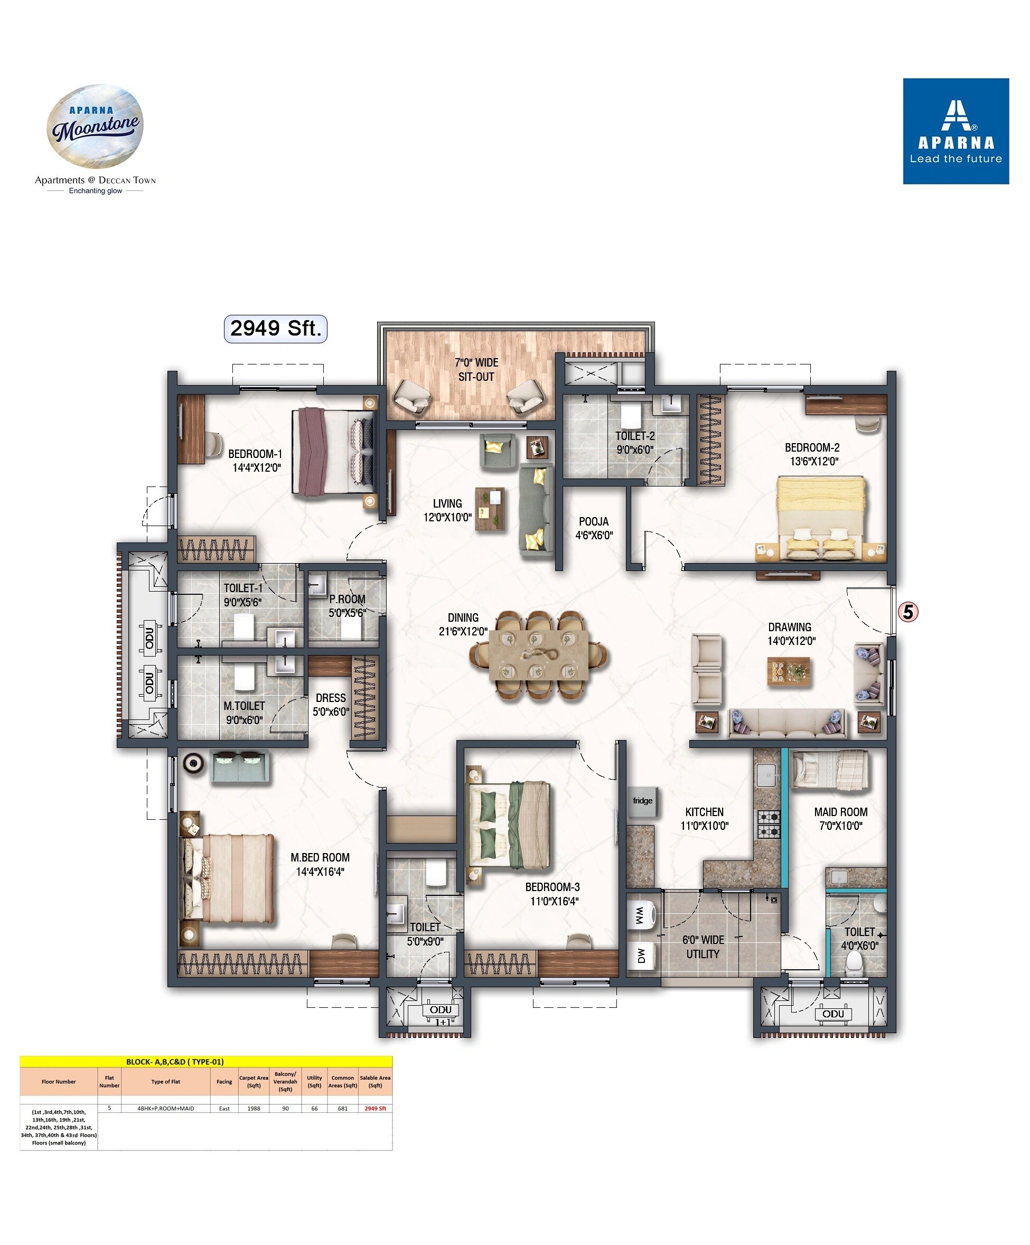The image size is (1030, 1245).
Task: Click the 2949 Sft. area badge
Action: tap(275, 329)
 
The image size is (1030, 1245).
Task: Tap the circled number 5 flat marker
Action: tap(907, 611)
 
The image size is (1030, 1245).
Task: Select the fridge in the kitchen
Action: tap(642, 800)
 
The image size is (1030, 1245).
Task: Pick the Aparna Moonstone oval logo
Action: tap(95, 126)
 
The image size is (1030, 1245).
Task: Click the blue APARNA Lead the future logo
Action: tap(956, 131)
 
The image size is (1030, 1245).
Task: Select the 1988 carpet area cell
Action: tap(254, 1108)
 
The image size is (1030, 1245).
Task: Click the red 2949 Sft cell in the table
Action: tap(374, 1108)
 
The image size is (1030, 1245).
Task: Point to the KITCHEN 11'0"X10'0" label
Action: tap(704, 818)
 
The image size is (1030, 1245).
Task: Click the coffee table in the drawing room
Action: tap(788, 672)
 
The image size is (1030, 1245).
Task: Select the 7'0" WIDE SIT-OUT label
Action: tap(476, 369)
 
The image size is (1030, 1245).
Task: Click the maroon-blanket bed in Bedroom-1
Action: tap(334, 451)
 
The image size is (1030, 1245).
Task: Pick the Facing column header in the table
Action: tap(224, 1081)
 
